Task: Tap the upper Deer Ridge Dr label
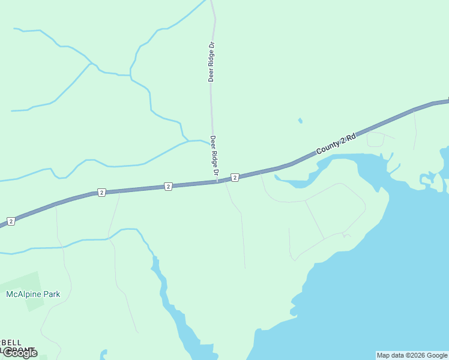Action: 211,61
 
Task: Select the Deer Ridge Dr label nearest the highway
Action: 214,157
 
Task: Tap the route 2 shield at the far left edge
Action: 10,221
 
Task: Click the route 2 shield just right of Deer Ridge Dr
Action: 235,177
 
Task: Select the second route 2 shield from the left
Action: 101,193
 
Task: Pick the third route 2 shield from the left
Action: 168,187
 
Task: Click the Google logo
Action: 19,353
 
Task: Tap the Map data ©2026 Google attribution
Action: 412,355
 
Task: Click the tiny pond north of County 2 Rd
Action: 300,121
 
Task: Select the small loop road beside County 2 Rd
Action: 375,139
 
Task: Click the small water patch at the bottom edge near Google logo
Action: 103,355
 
